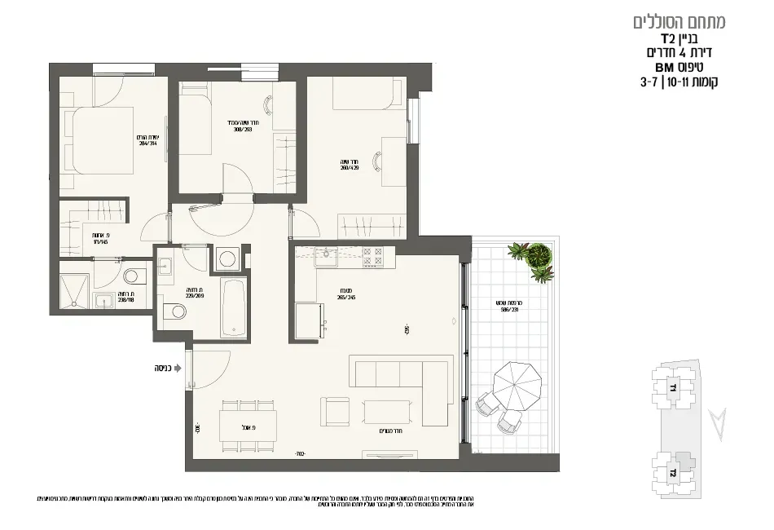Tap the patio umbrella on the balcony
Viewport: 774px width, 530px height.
(x=518, y=387)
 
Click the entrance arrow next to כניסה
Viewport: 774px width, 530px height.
(x=178, y=369)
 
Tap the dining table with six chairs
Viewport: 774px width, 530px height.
(x=248, y=425)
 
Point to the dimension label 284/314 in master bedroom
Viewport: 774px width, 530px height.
(x=147, y=140)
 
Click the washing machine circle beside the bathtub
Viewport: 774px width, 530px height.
(x=226, y=259)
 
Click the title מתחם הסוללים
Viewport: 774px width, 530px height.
(x=679, y=22)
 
